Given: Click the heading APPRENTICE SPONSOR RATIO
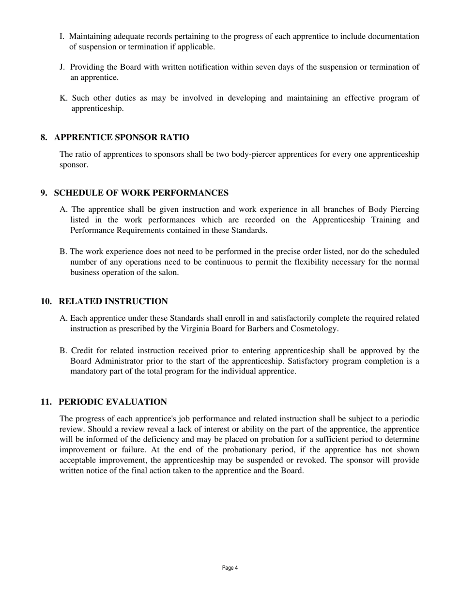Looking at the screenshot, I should click(122, 137).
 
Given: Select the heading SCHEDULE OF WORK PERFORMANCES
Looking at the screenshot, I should click(141, 193).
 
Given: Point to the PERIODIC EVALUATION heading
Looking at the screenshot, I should click(113, 402).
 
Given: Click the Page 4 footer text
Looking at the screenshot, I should click(230, 568).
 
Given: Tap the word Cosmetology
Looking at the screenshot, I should click(313, 329).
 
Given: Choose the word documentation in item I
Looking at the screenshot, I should click(393, 36).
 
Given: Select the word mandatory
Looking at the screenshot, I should click(90, 372).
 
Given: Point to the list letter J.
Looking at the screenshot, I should click(62, 67).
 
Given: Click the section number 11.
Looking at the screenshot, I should click(46, 402).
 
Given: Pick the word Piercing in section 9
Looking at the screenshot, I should click(403, 209).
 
